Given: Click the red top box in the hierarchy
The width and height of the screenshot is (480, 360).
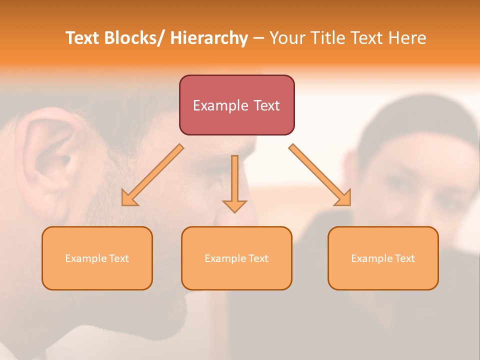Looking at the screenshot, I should [236, 105].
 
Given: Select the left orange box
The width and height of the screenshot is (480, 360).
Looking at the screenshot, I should [97, 258].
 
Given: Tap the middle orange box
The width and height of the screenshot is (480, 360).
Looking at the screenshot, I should [236, 258].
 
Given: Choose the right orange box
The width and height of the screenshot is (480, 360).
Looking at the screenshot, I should [383, 258].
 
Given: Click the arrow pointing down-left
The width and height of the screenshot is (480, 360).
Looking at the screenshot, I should [152, 175].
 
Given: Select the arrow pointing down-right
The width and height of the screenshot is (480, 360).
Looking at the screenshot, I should [320, 175].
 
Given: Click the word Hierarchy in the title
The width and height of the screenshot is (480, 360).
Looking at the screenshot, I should [209, 38].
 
